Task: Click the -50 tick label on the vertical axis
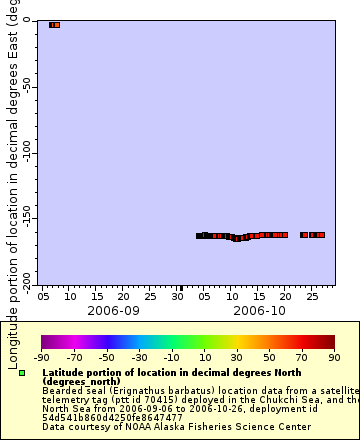point(27,87)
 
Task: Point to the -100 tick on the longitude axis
point(27,152)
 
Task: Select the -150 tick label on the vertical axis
point(27,217)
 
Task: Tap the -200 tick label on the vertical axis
point(27,277)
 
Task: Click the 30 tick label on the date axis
point(179,297)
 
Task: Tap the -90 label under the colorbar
point(42,357)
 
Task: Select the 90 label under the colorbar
point(334,357)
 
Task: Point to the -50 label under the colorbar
point(107,357)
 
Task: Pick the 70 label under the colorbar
point(302,357)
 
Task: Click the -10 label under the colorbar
point(172,357)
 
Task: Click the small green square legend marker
point(22,373)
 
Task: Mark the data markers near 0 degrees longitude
point(55,24)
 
